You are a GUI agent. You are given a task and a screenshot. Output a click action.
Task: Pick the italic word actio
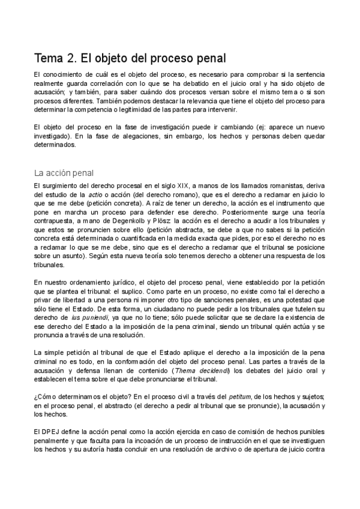[x=94, y=195]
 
